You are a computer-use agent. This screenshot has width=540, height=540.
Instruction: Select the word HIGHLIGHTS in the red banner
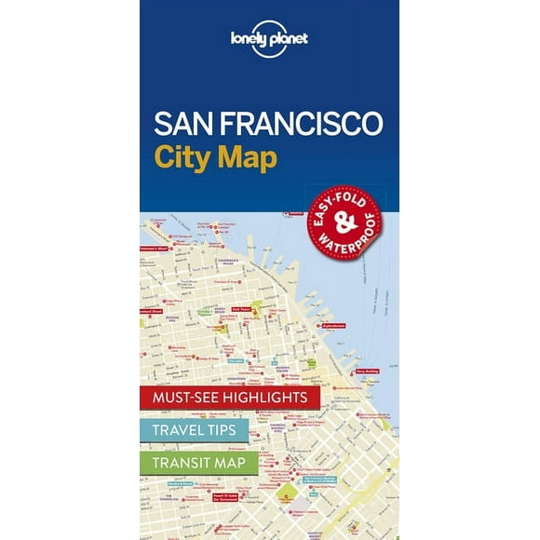266,397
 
